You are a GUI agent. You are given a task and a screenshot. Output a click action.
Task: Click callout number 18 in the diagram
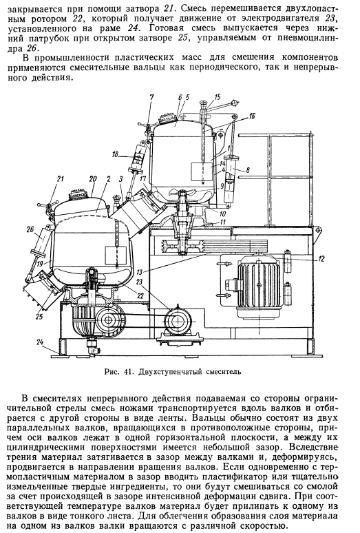(x=116, y=155)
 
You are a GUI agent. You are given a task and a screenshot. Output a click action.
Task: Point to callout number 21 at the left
(x=61, y=178)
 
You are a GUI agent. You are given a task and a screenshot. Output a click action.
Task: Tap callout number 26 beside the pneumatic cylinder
(x=31, y=229)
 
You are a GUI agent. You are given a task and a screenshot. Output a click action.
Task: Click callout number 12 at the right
(x=321, y=259)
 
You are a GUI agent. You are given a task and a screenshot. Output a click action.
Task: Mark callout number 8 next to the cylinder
(x=248, y=170)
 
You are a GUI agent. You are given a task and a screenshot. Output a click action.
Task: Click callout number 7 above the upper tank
(x=151, y=98)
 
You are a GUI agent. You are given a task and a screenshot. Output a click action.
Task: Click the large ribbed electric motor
(x=260, y=286)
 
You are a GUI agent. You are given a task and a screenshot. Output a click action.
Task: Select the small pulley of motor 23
(x=176, y=320)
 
